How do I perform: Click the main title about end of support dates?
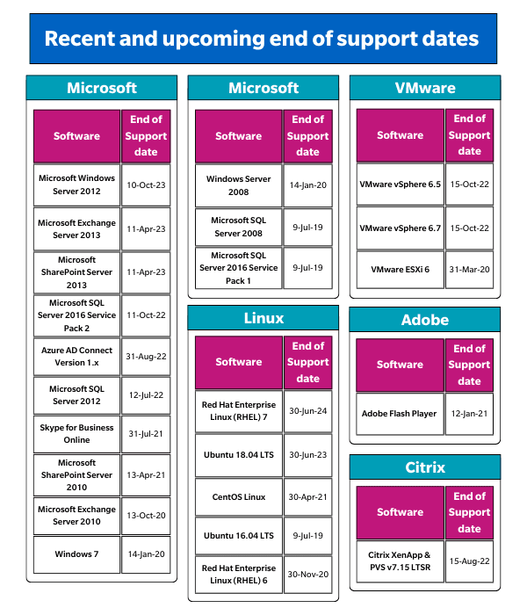coord(262,39)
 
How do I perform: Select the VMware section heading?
coord(425,88)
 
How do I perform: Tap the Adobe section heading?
coord(425,320)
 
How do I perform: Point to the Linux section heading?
coord(263,318)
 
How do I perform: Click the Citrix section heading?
coord(425,467)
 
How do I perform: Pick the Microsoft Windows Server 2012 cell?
coord(76,184)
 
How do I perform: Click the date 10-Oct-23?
coord(146,185)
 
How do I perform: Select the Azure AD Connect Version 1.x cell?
coord(76,357)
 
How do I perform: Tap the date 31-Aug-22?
coord(146,357)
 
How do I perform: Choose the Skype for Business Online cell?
coord(76,434)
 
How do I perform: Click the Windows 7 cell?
coord(76,554)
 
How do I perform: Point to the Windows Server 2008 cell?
coord(238,185)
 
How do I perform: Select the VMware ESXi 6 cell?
coord(400,270)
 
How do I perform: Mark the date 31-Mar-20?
coord(469,270)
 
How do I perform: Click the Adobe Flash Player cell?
coord(400,414)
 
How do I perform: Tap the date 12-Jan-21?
coord(469,414)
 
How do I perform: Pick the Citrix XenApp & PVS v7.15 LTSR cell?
coord(400,561)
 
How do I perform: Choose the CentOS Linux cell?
coord(238,497)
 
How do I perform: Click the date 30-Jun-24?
coord(307,410)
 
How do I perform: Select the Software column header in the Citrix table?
coord(400,512)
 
